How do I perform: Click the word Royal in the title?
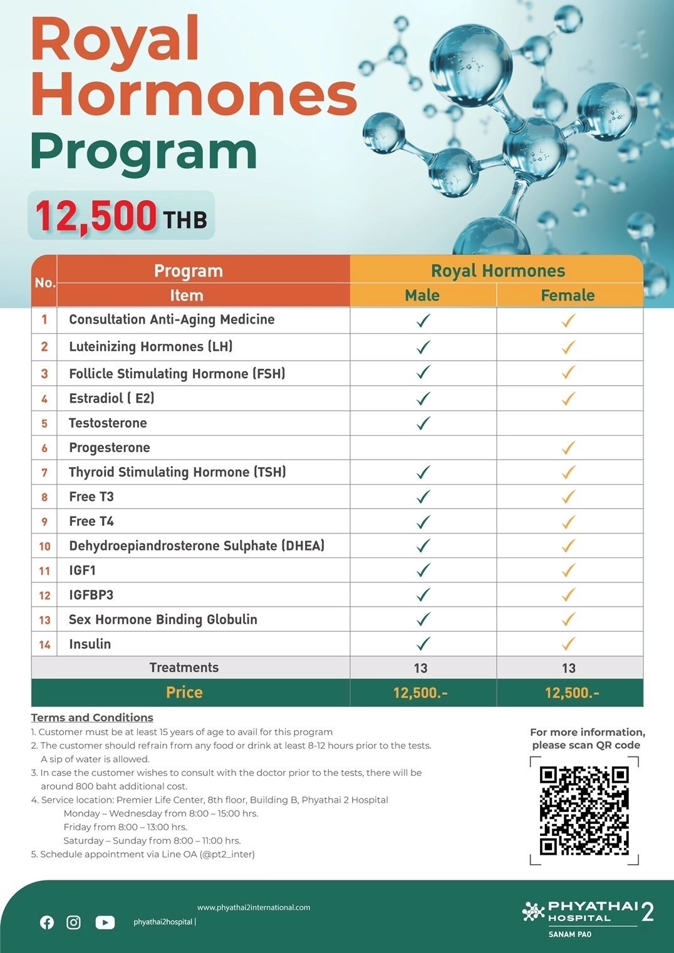tap(115, 41)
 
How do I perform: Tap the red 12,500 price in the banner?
tap(96, 216)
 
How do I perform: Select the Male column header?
tap(422, 295)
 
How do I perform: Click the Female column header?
tap(568, 295)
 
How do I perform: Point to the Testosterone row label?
tap(108, 423)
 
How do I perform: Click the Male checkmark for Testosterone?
tap(423, 423)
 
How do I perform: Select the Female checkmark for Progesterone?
tap(568, 448)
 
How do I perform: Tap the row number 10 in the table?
tap(44, 546)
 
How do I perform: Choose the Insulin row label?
tap(90, 644)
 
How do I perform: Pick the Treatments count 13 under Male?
tap(420, 668)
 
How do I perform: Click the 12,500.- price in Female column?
tap(571, 693)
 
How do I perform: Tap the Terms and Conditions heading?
tap(92, 718)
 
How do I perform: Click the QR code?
tap(584, 810)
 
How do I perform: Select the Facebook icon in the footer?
tap(47, 922)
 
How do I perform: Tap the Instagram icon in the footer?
tap(73, 922)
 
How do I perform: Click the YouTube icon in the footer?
tap(105, 922)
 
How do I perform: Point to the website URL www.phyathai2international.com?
tap(253, 907)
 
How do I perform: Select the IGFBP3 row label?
tap(91, 595)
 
